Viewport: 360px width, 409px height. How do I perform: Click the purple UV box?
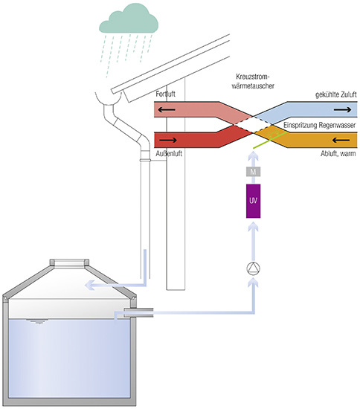[253, 201]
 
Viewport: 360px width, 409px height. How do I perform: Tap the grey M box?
[253, 172]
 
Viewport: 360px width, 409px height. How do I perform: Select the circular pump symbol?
[254, 268]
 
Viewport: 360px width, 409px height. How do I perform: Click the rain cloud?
[129, 19]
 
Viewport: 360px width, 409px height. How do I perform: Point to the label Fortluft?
[165, 94]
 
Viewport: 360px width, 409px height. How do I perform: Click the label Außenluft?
[169, 153]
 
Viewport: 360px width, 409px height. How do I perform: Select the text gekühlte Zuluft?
[335, 94]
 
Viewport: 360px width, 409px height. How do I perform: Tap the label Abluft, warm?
[338, 154]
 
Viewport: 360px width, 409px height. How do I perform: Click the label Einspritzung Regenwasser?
[319, 125]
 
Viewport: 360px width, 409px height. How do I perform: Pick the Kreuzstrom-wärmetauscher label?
[253, 81]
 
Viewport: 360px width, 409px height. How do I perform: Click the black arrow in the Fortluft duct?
[167, 109]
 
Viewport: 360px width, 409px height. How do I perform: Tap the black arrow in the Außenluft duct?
[168, 140]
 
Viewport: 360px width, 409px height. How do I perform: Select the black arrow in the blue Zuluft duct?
[343, 109]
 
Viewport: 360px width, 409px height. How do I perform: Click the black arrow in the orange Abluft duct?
[341, 140]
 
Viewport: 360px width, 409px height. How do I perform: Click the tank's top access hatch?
[69, 263]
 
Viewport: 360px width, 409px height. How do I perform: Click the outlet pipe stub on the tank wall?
[138, 312]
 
